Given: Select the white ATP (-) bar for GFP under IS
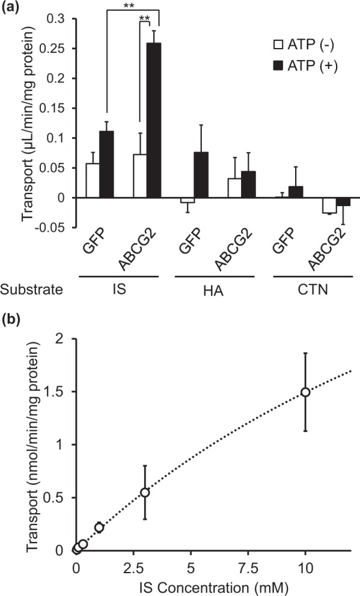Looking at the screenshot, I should [x=93, y=181].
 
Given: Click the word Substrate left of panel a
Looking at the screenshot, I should [x=32, y=290].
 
